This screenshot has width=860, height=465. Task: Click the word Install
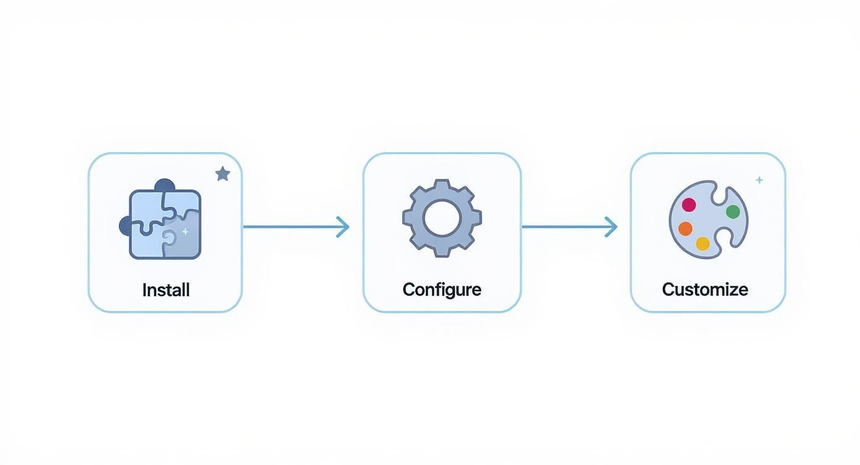point(166,289)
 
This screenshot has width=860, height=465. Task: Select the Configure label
point(442,289)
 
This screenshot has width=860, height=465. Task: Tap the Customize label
point(705,289)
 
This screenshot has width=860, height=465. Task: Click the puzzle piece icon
point(162,222)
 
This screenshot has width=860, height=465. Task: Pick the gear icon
point(442,218)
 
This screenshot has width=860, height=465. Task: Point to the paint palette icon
point(708,220)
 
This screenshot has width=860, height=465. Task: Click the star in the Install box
point(222,174)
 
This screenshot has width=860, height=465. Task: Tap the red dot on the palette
point(689,205)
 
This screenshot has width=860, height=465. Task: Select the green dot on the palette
point(733,212)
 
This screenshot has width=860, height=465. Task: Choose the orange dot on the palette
point(685,229)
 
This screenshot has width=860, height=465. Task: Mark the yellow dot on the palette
point(702,244)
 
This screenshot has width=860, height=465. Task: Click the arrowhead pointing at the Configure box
point(343,227)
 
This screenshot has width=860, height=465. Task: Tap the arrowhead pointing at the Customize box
point(611,227)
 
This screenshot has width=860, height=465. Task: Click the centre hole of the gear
point(442,218)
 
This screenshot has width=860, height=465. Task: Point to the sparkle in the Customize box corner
point(759,180)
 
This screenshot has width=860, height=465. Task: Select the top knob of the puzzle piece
point(164,185)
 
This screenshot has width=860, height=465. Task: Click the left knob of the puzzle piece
point(124,226)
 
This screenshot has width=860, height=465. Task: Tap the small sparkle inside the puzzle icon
point(185,231)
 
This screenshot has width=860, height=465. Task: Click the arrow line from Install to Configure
point(290,227)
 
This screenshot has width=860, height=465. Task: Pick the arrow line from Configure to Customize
point(562,227)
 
